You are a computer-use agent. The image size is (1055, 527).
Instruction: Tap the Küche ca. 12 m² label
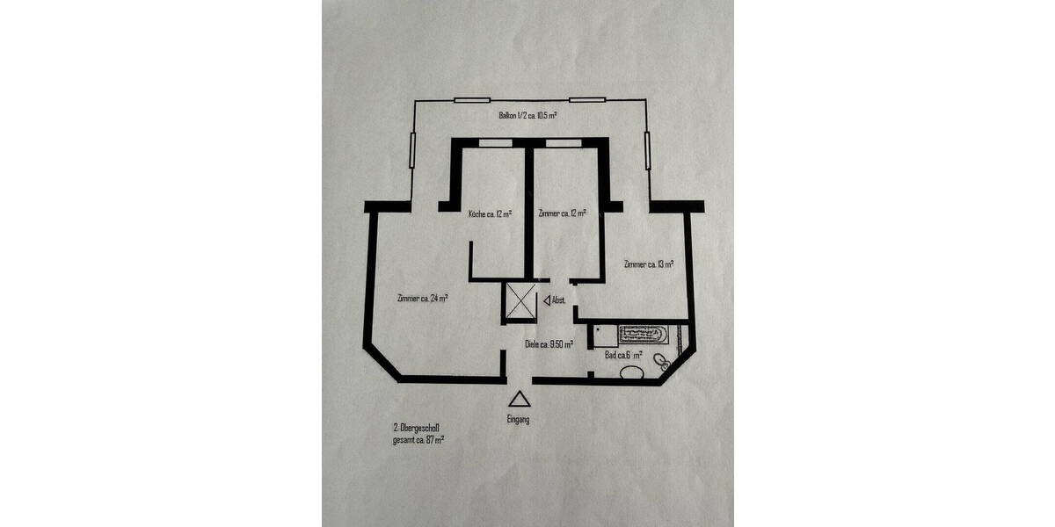[x=491, y=213]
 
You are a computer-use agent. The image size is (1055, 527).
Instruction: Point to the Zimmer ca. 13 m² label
[x=649, y=263]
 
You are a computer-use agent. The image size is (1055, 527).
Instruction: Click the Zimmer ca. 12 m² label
[x=563, y=213]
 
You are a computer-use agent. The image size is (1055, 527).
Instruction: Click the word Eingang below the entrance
[x=519, y=420]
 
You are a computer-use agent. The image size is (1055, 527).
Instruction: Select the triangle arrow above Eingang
[x=520, y=399]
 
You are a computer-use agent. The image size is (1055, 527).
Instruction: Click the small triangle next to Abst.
[x=548, y=300]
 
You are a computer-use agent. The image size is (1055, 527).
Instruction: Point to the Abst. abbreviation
[x=559, y=300]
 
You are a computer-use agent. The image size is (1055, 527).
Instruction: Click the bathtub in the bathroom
[x=645, y=335]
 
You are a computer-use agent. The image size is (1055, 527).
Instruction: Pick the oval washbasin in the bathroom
[x=632, y=374]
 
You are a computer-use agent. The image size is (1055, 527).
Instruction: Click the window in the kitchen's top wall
[x=490, y=141]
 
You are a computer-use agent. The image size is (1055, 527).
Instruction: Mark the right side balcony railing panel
[x=648, y=150]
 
